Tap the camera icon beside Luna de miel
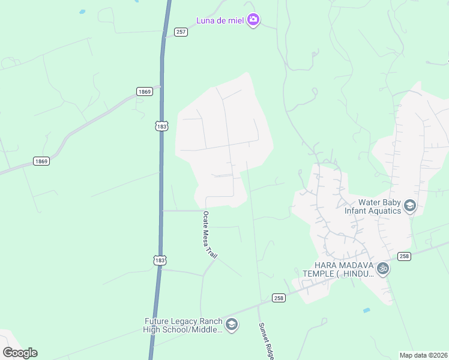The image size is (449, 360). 253,20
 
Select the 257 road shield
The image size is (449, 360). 181,32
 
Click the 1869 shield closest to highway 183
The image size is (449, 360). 144,92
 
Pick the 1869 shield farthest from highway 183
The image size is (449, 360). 41,161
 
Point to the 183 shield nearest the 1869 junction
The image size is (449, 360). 161,126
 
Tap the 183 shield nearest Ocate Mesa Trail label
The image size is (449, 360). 160,260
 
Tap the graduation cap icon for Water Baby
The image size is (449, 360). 410,206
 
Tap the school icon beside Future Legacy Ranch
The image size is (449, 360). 232,325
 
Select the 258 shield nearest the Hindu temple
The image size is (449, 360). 404,256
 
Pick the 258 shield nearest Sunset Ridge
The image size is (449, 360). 278,298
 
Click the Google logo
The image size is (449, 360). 20,353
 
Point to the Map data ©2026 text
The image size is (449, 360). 423,355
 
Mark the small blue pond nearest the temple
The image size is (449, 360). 367,310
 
